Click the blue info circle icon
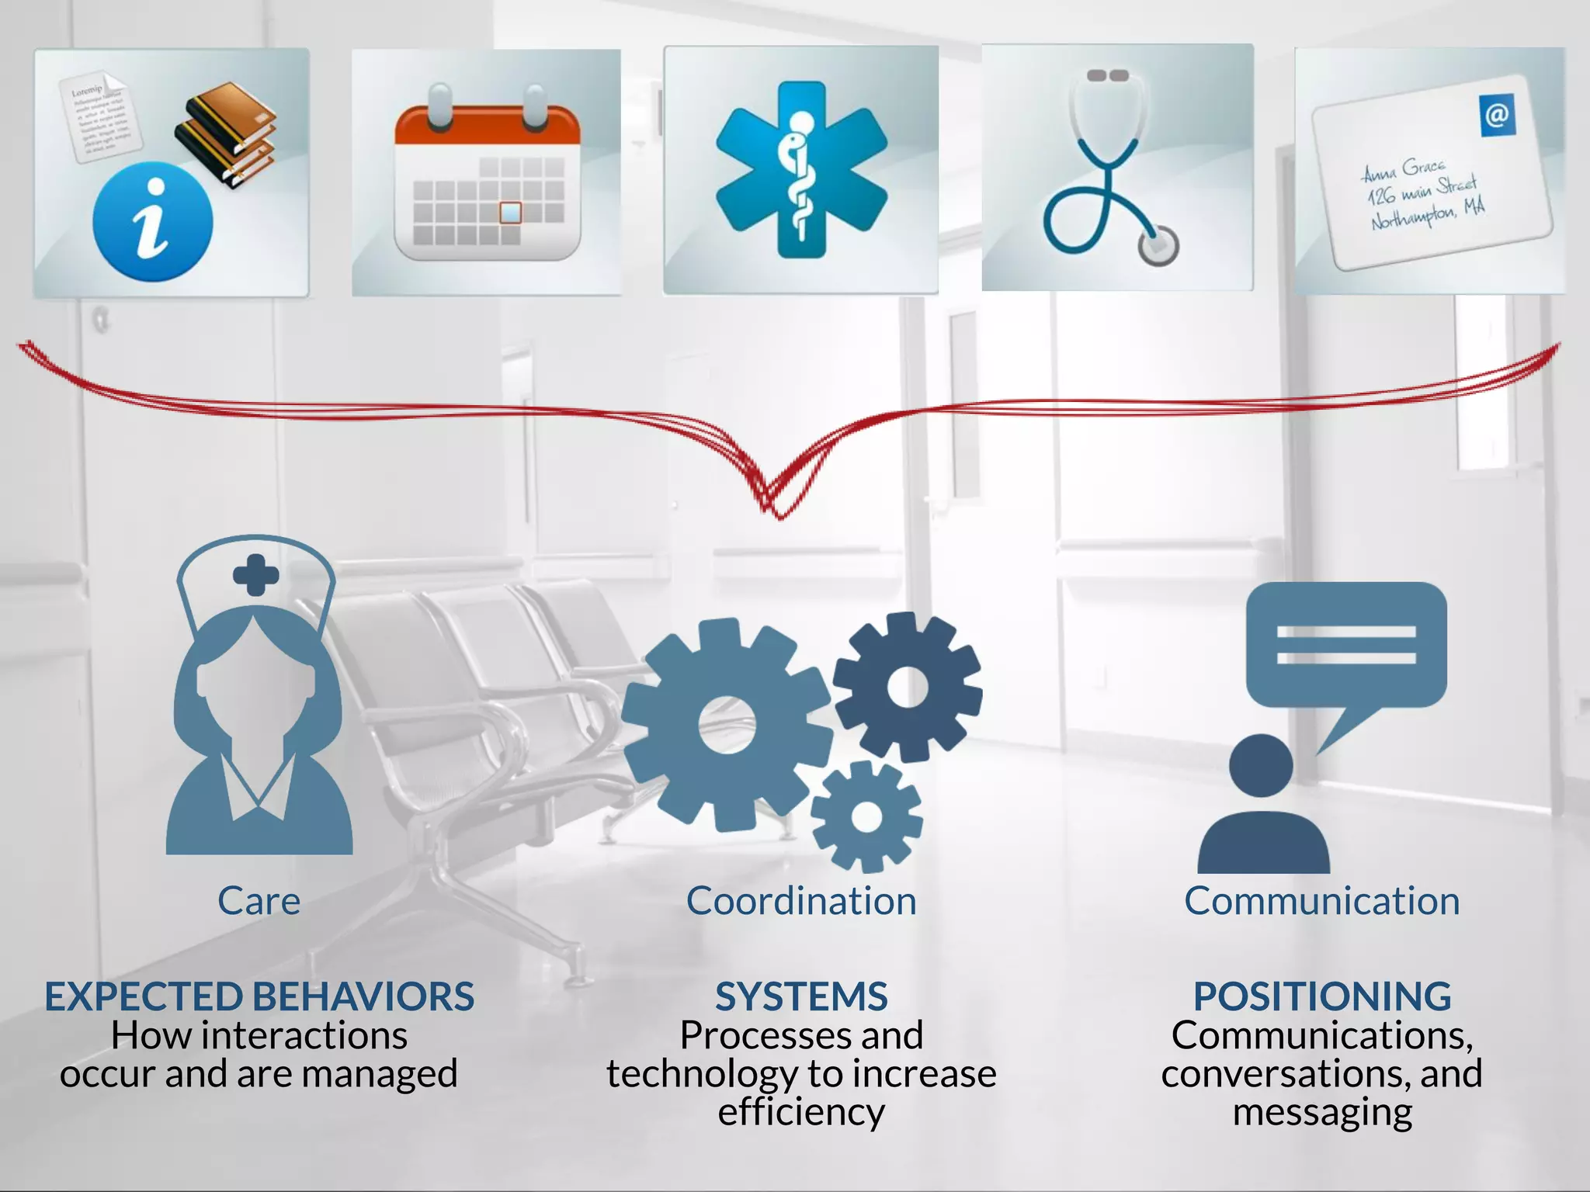point(152,222)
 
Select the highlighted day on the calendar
point(510,212)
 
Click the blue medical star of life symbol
point(801,169)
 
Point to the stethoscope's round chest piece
point(1158,245)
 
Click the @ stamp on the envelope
point(1498,116)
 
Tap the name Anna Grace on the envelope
point(1404,168)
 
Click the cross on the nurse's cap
point(256,575)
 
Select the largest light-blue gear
point(726,724)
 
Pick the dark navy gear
point(908,687)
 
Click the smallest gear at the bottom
point(866,816)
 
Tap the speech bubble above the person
point(1346,646)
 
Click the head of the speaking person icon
point(1261,765)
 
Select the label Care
point(259,901)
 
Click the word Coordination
point(801,901)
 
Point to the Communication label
point(1321,901)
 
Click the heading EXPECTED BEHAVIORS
point(259,996)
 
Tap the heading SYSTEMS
point(801,996)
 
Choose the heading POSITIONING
point(1321,996)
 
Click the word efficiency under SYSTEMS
point(801,1112)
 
